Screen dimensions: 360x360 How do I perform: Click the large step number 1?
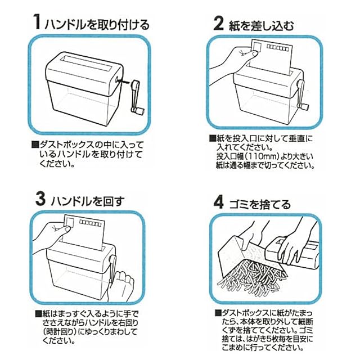pyautogui.click(x=37, y=22)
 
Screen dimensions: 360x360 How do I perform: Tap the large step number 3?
pyautogui.click(x=40, y=199)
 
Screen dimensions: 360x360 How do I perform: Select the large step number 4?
pyautogui.click(x=218, y=202)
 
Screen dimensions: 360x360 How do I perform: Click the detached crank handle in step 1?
pyautogui.click(x=137, y=97)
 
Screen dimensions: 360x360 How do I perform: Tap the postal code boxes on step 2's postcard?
pyautogui.click(x=277, y=48)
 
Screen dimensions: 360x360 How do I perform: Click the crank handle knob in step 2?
pyautogui.click(x=303, y=107)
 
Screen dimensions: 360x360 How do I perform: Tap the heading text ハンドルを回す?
pyautogui.click(x=87, y=201)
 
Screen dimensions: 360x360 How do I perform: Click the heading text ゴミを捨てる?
pyautogui.click(x=260, y=204)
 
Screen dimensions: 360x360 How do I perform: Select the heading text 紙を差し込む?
pyautogui.click(x=261, y=25)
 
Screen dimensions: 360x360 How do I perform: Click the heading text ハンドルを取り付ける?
pyautogui.click(x=97, y=25)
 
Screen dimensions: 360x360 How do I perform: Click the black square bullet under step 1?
pyautogui.click(x=35, y=145)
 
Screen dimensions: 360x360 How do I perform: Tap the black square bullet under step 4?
pyautogui.click(x=218, y=313)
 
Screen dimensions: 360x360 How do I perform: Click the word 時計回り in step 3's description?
pyautogui.click(x=60, y=332)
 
